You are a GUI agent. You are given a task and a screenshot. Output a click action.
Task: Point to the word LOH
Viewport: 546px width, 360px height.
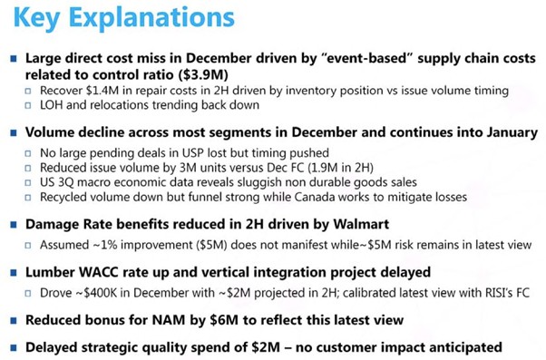(x=52, y=105)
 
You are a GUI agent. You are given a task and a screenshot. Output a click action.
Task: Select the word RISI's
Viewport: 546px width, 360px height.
(x=499, y=293)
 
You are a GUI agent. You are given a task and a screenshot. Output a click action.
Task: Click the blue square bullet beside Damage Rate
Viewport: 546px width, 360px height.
(x=14, y=225)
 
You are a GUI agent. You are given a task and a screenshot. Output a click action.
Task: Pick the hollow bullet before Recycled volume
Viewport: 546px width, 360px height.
(x=28, y=198)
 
